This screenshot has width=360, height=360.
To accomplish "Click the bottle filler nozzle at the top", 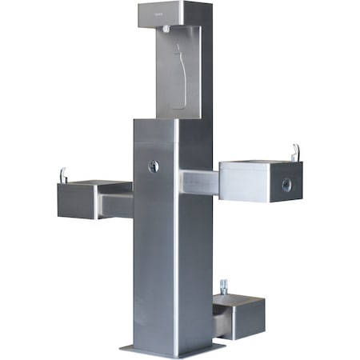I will pyautogui.click(x=165, y=29).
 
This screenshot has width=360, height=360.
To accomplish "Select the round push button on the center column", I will pyautogui.click(x=154, y=166).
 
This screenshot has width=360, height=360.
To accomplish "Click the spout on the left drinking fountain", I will pyautogui.click(x=62, y=174).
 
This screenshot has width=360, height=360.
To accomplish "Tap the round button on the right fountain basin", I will pyautogui.click(x=286, y=185).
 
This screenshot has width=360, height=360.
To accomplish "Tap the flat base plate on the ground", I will pyautogui.click(x=172, y=349).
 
